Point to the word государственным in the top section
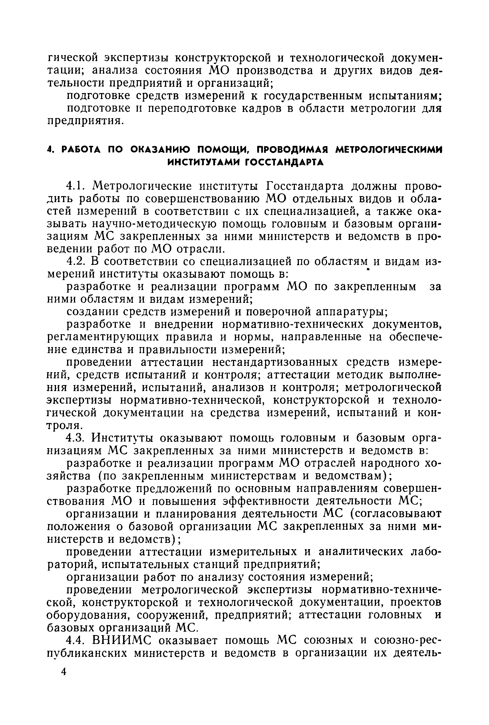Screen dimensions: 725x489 [x=313, y=96]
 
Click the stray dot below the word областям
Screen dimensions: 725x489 [x=368, y=272]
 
